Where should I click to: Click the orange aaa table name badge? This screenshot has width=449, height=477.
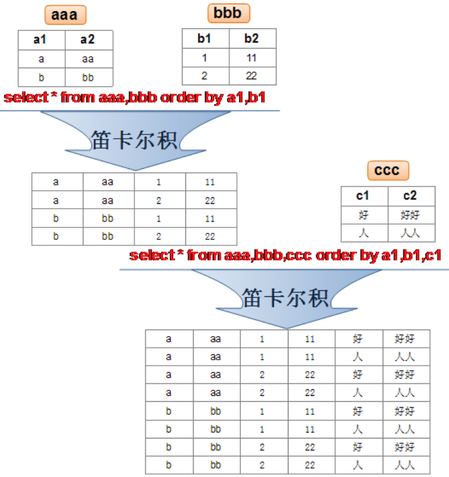click(65, 15)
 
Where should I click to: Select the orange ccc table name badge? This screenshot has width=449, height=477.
click(387, 171)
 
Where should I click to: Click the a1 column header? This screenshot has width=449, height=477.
click(40, 40)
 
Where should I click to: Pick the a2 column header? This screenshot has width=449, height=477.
click(88, 40)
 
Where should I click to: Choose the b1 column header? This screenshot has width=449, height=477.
click(204, 39)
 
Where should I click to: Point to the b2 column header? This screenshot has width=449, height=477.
click(252, 39)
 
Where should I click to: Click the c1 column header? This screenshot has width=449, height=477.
click(364, 196)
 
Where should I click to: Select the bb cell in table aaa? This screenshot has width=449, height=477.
click(88, 78)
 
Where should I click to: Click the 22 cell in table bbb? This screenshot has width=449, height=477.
click(252, 76)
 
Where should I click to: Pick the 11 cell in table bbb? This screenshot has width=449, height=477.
click(252, 58)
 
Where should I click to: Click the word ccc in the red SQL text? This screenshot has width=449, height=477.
click(299, 255)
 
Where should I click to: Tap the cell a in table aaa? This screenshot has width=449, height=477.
click(40, 59)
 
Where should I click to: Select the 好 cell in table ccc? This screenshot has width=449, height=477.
click(364, 215)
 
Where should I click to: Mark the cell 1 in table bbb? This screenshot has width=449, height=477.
click(204, 58)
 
